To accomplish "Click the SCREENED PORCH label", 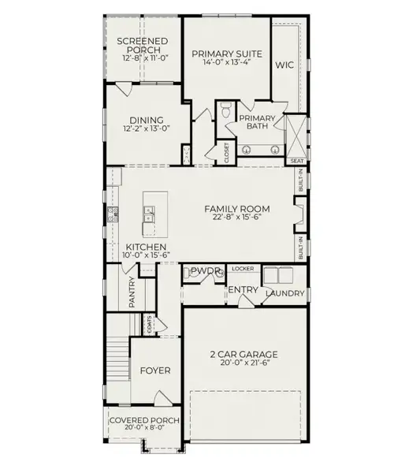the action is (x=143, y=45).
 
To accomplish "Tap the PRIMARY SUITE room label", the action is (x=227, y=54).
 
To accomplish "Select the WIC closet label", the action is (x=284, y=65).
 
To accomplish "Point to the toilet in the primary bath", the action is (x=225, y=110).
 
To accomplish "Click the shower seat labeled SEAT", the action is (x=297, y=161).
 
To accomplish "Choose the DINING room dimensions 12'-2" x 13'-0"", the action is (x=147, y=128).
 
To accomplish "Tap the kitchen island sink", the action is (x=149, y=214).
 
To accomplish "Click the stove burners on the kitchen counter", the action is (x=113, y=214).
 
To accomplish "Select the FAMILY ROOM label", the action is (x=237, y=209).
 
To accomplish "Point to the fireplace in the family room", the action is (x=300, y=214).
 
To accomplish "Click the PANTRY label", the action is (x=132, y=292).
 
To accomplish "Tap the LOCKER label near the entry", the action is (x=243, y=269).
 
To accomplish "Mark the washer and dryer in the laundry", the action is (x=278, y=275).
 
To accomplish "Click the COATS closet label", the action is (x=149, y=325).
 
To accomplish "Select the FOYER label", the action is (x=155, y=371).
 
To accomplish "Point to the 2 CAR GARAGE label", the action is (x=244, y=354).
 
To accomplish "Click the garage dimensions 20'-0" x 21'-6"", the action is (x=244, y=363).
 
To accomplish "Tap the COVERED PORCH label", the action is (x=144, y=420).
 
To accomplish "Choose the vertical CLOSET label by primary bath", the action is (x=226, y=153).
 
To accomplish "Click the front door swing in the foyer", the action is (x=163, y=397).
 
